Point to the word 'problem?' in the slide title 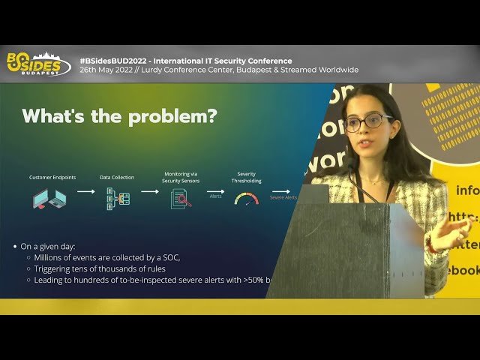pyautogui.click(x=175, y=116)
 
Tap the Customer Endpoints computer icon pyautogui.click(x=49, y=199)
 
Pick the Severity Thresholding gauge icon pyautogui.click(x=246, y=198)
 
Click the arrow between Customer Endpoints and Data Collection pyautogui.click(x=85, y=191)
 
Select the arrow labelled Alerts pyautogui.click(x=215, y=192)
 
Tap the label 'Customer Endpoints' pyautogui.click(x=52, y=178)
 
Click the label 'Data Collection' pyautogui.click(x=117, y=178)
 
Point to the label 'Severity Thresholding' pyautogui.click(x=246, y=178)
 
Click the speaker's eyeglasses pyautogui.click(x=367, y=121)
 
